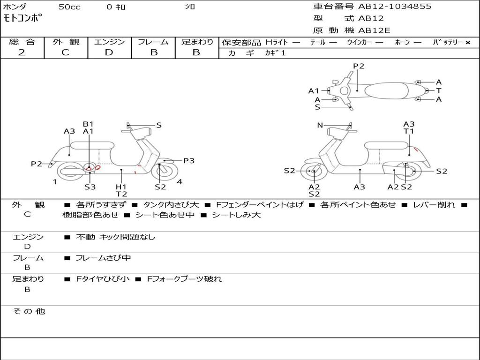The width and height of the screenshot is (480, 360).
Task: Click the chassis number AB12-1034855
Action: click(395, 7)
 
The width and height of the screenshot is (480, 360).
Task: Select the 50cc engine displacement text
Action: click(69, 7)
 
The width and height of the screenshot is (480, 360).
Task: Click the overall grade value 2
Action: click(22, 52)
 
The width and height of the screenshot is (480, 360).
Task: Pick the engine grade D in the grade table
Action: click(109, 52)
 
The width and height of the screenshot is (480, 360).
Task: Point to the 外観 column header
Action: click(66, 42)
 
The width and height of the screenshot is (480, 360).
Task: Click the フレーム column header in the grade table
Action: click(153, 42)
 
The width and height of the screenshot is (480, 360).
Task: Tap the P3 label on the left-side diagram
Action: click(188, 161)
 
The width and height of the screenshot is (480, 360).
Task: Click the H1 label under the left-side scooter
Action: click(121, 187)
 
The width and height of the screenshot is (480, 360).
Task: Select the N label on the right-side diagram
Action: click(320, 125)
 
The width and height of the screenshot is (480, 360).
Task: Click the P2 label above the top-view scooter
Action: click(359, 66)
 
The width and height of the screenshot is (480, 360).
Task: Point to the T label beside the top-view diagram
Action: click(439, 90)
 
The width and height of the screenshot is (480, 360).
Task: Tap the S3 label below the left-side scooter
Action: click(90, 187)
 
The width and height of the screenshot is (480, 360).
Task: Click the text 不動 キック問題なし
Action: click(115, 237)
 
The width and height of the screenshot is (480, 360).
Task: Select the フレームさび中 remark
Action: click(103, 258)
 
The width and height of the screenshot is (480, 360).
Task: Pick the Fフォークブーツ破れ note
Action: click(184, 279)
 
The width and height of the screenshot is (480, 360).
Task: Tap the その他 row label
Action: click(29, 311)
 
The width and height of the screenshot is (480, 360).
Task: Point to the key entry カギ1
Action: click(275, 53)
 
